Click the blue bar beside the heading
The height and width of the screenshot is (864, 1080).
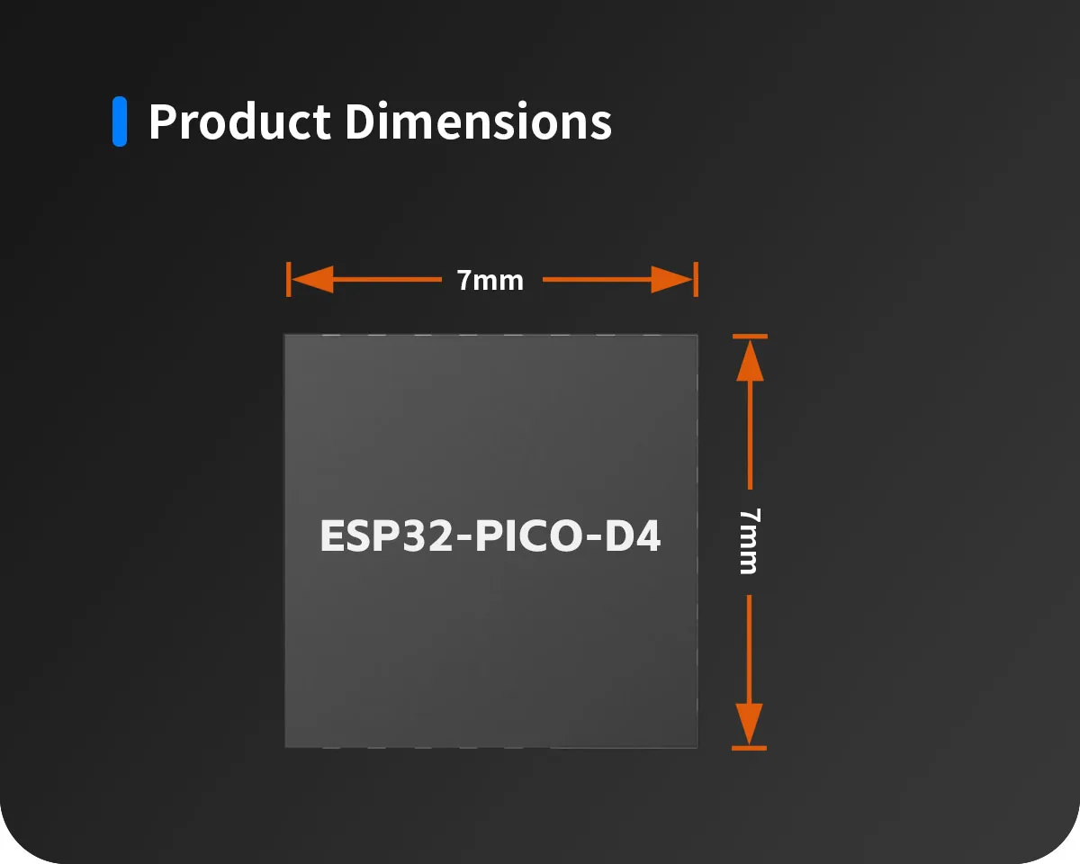click(x=120, y=121)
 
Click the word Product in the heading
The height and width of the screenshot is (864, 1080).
click(x=239, y=121)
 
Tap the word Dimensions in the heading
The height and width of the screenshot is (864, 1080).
click(x=478, y=121)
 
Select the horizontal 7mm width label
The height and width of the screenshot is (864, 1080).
click(x=490, y=280)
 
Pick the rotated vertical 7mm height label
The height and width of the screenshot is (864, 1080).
click(x=750, y=541)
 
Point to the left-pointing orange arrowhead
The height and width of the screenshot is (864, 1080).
click(x=312, y=280)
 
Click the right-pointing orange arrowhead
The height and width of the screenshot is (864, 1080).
click(x=672, y=280)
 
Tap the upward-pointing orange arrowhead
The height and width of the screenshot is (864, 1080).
click(x=750, y=361)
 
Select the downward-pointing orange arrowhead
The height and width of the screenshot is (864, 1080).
click(x=750, y=724)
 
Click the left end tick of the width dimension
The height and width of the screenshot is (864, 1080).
click(x=288, y=279)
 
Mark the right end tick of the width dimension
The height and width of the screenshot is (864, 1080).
click(x=696, y=279)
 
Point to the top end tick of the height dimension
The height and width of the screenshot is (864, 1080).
click(x=750, y=337)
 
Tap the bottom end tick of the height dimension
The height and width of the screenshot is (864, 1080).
click(x=750, y=748)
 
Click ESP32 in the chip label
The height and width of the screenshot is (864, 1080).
click(x=386, y=535)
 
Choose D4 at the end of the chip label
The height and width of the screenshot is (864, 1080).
click(x=633, y=535)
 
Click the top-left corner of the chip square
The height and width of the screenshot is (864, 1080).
click(x=284, y=335)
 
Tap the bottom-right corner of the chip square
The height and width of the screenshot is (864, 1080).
click(x=697, y=748)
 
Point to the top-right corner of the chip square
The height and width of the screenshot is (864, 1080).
click(x=697, y=335)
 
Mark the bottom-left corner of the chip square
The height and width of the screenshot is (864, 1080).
click(x=284, y=748)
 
